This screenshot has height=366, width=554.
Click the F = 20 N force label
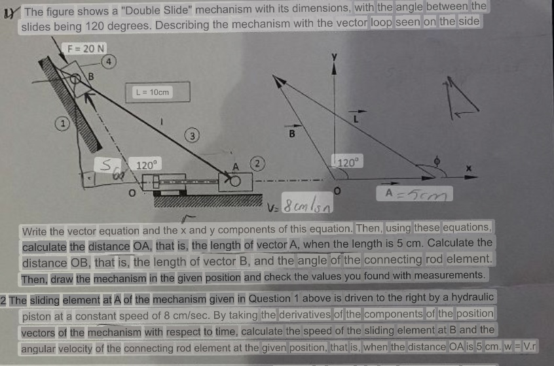click(86, 48)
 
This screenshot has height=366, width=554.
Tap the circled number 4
click(111, 61)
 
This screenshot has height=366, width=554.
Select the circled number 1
click(62, 122)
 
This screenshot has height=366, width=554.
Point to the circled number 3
click(191, 136)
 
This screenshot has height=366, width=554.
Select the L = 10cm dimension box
click(157, 92)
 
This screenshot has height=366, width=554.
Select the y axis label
click(335, 57)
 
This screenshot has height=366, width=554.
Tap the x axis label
click(468, 168)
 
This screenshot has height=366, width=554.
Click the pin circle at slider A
click(234, 179)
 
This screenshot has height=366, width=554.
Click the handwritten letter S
click(102, 167)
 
